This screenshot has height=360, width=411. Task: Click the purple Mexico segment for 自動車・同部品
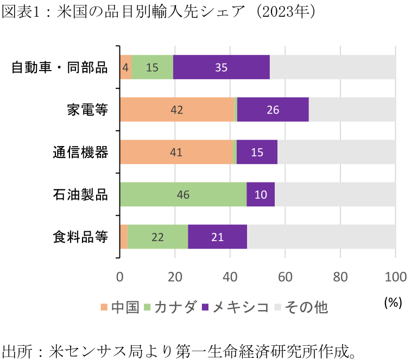coord(222,67)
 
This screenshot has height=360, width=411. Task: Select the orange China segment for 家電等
coord(176,110)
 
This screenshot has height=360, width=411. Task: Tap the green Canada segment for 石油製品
coord(183,194)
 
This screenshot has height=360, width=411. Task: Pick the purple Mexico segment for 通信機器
coord(257,152)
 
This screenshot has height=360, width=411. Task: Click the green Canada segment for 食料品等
coord(157,237)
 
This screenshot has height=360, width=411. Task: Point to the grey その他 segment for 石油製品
coord(335,194)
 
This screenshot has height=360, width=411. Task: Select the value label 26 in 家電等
coord(273,110)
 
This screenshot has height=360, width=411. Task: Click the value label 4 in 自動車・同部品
coord(125,67)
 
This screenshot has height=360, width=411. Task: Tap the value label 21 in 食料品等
coord(217,237)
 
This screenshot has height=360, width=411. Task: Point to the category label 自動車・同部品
coord(60,68)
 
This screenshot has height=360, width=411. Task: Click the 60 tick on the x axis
coord(285,276)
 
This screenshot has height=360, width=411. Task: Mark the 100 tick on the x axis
coord(395,276)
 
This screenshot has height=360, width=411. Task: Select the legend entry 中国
coord(120,307)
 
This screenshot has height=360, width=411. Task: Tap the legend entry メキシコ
coord(235,307)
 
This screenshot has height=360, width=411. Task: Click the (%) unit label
coord(392,302)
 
